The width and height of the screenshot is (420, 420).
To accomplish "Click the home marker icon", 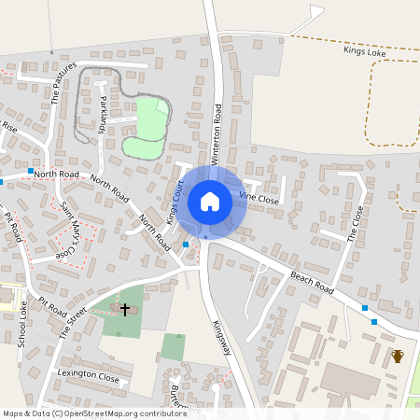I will [210, 202].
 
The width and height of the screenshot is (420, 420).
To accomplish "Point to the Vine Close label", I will [259, 197].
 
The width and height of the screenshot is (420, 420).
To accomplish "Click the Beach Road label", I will [312, 278].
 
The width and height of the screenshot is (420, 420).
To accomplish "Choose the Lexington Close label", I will [89, 378].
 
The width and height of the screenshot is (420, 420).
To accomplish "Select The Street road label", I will [73, 321].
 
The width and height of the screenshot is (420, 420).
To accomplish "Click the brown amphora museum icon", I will [398, 356].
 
